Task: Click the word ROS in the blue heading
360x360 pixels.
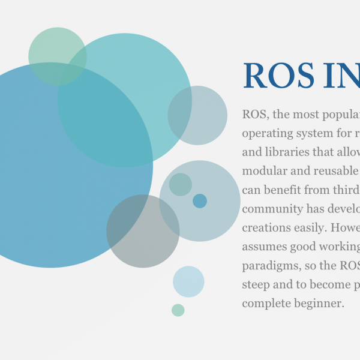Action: click(x=278, y=76)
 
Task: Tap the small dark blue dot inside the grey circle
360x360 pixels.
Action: click(x=200, y=201)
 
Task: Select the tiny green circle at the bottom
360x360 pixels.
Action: click(x=178, y=310)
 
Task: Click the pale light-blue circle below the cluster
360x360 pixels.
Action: click(x=188, y=281)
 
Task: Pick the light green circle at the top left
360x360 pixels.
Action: click(x=58, y=56)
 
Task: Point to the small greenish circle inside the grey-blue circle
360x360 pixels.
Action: click(x=181, y=184)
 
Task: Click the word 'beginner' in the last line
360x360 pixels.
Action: click(x=319, y=304)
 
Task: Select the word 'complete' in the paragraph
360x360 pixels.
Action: click(x=266, y=304)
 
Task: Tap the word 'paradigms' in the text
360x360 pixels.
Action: click(x=272, y=266)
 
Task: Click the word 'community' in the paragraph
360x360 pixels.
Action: click(x=272, y=209)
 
